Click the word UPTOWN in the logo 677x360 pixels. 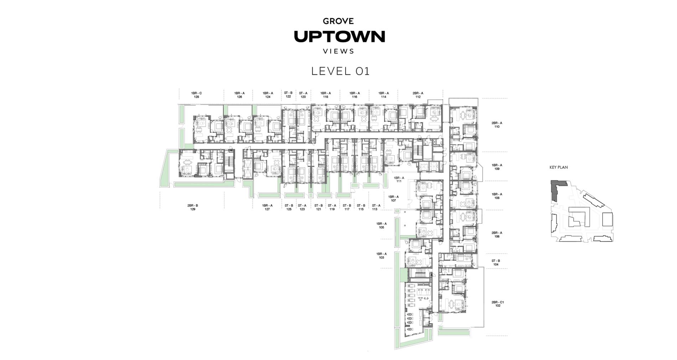pos(339,37)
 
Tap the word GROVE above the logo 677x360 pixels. pos(338,21)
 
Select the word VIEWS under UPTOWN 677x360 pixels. pos(338,51)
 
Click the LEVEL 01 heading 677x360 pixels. pos(340,71)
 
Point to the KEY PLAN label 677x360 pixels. pos(558,167)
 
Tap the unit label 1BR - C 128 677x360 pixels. pos(196,95)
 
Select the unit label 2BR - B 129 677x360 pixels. pos(193,207)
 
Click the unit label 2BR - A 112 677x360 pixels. pos(418,95)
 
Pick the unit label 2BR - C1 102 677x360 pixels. pos(498,304)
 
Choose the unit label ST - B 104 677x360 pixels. pos(496,262)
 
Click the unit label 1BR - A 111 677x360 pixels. pos(399,179)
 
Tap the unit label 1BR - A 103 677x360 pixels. pos(381,256)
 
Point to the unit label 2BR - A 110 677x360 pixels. pos(497,125)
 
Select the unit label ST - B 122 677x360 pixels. pos(288,95)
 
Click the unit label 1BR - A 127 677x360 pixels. pos(267,207)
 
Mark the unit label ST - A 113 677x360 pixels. pos(376,207)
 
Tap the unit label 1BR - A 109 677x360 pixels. pos(497,167)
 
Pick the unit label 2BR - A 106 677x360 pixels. pos(497,235)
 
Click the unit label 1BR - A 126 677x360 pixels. pos(239,95)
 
